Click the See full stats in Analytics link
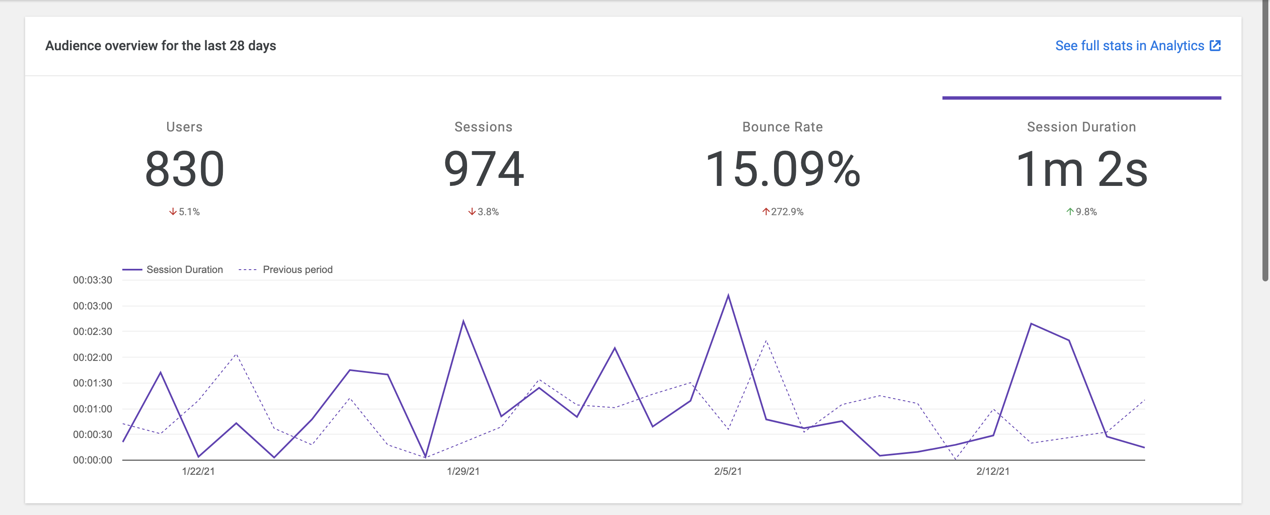[x=1129, y=46]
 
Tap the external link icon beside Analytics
[x=1215, y=46]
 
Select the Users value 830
[x=184, y=169]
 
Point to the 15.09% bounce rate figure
[x=782, y=169]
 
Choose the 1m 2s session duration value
[x=1081, y=169]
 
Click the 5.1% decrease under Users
[x=184, y=212]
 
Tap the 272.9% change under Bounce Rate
[x=782, y=212]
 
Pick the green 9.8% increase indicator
[x=1081, y=212]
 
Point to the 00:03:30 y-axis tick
[x=92, y=280]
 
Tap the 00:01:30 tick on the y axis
[x=92, y=383]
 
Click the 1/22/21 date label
[x=198, y=471]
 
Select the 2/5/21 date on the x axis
[x=728, y=471]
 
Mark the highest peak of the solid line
[x=728, y=296]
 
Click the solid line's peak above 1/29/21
[x=463, y=321]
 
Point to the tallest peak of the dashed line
[x=766, y=340]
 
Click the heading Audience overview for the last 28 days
[x=161, y=46]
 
